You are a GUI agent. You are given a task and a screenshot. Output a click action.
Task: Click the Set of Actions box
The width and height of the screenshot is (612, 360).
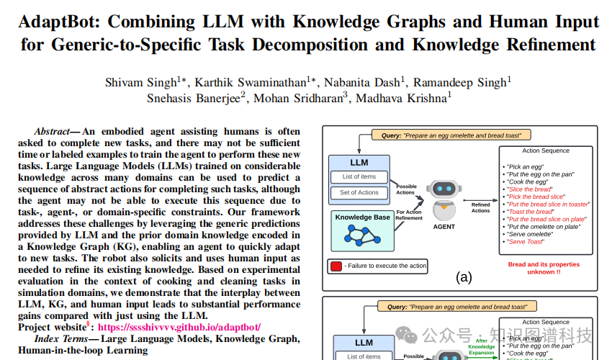click(359, 192)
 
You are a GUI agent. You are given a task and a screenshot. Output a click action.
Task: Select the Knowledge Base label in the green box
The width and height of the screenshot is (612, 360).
click(364, 216)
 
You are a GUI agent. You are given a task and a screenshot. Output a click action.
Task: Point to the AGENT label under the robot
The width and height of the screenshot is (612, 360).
click(444, 225)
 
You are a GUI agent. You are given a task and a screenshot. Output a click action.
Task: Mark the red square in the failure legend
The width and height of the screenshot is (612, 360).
click(336, 266)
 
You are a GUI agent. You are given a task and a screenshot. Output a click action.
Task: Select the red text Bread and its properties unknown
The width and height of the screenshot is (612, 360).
click(544, 269)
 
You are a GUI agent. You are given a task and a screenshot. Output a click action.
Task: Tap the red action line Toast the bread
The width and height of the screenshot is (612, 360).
click(527, 212)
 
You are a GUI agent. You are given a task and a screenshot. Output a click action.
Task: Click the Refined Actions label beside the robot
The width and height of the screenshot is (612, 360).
click(481, 208)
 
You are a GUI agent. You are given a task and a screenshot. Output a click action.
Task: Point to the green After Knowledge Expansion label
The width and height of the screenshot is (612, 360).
click(481, 346)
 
